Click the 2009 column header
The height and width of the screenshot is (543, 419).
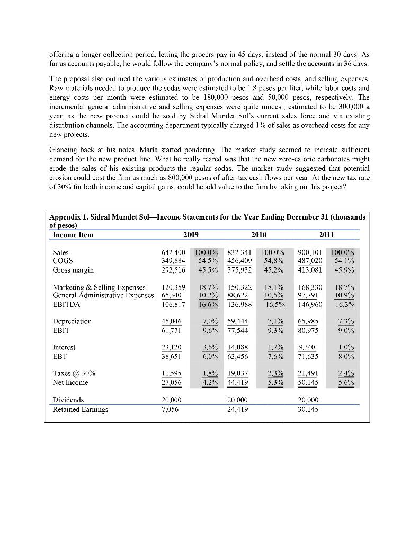[190, 235]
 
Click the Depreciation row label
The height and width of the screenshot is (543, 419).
[72, 321]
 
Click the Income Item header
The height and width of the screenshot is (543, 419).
[74, 235]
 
